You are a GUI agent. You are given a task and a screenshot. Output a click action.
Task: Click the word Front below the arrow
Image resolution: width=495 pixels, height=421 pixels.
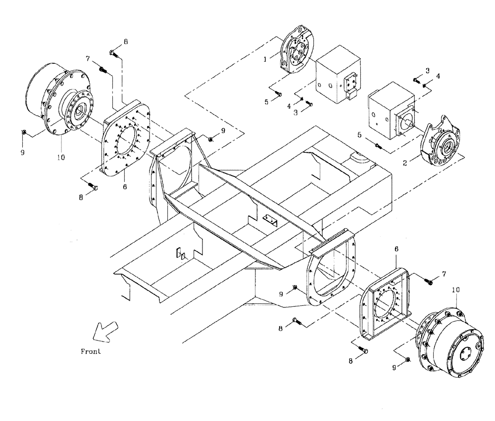(x=91, y=352)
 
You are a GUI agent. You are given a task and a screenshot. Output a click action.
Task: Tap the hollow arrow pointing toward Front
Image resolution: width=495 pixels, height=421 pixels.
(x=106, y=331)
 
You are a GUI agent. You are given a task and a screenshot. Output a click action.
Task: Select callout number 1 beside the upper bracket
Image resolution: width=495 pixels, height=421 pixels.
(x=265, y=58)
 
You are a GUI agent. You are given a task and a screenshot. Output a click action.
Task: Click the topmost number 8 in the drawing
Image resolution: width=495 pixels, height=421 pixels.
(x=125, y=42)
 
